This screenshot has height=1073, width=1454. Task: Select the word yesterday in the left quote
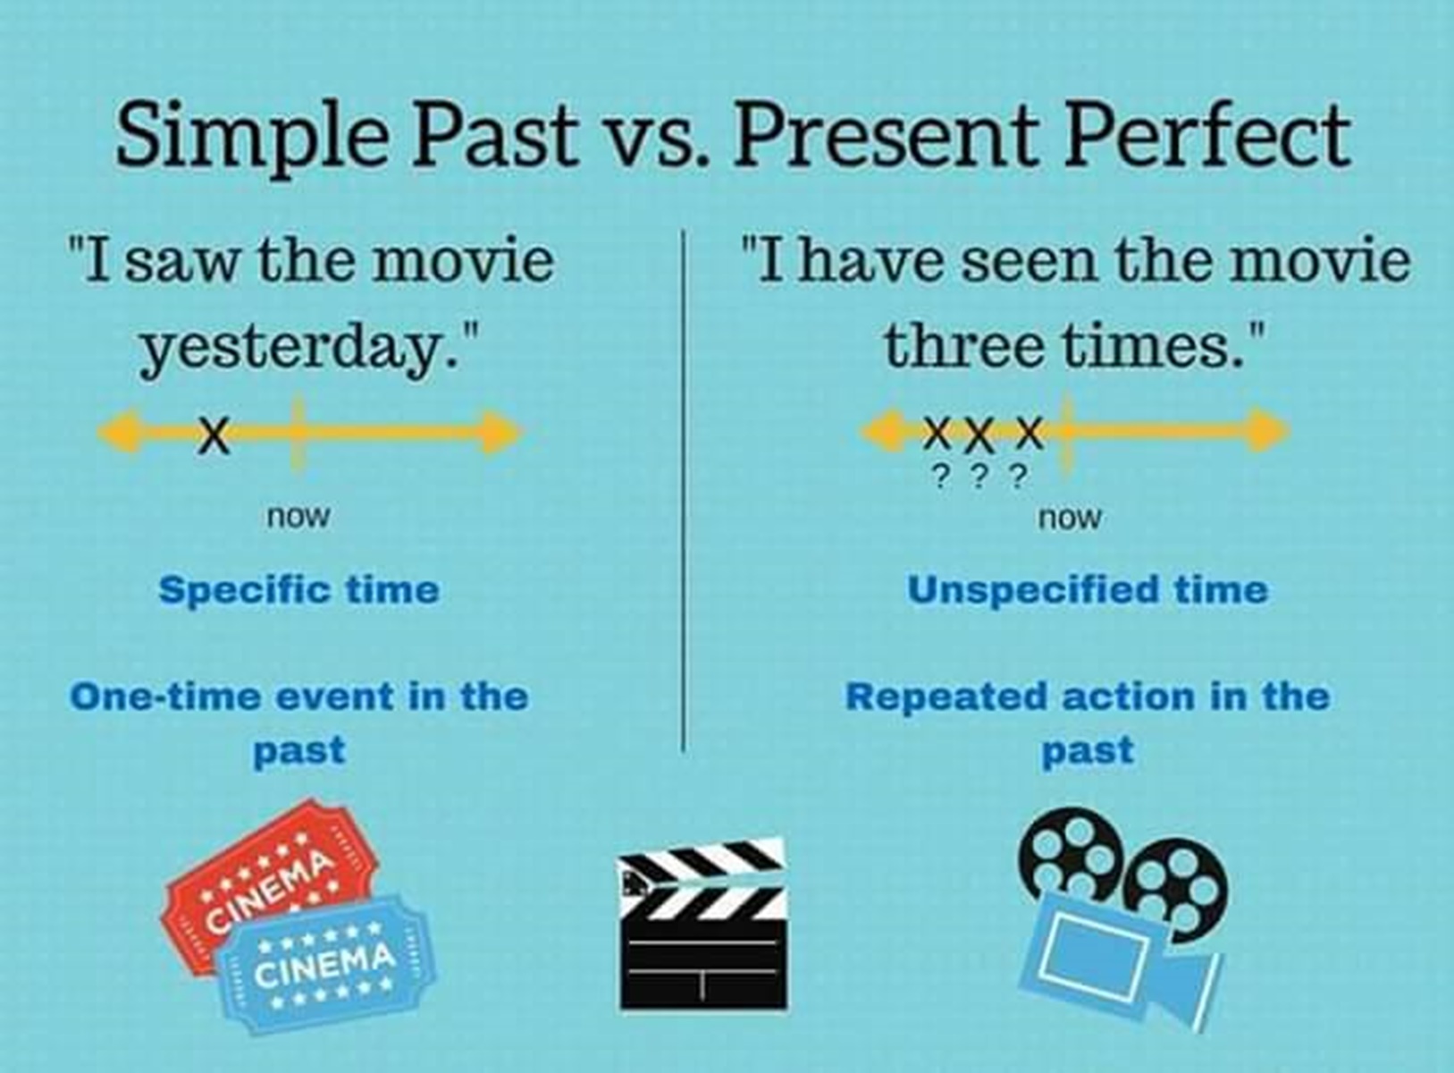(300, 350)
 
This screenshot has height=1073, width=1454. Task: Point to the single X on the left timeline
(214, 435)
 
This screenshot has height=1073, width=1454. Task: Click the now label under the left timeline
(298, 518)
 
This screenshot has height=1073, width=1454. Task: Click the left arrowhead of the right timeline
(883, 430)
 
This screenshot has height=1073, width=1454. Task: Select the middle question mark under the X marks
(980, 477)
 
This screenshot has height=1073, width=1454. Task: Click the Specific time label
(299, 591)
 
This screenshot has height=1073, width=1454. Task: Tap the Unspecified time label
(1088, 590)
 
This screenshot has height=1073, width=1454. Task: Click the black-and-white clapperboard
(703, 924)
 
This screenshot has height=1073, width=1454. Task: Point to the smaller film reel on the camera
(1176, 890)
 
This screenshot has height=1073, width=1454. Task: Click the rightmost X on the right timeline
(1029, 433)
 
